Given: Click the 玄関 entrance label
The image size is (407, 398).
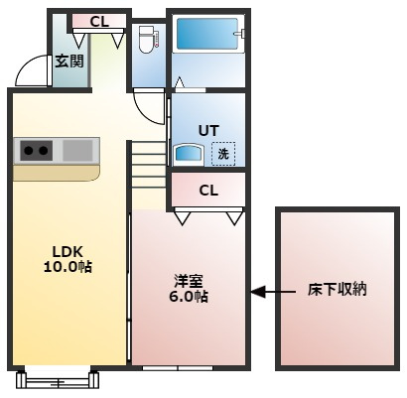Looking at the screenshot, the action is point(69,62).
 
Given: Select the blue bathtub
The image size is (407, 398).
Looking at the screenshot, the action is point(207,34).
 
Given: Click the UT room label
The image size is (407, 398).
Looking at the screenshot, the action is point(208,131).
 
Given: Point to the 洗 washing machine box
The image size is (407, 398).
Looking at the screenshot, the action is point(223,154).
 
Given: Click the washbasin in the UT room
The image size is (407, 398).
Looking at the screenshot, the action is point(188,155).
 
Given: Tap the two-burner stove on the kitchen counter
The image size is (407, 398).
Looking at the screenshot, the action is point(37,151).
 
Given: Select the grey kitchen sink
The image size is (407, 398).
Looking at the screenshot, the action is point(77,151).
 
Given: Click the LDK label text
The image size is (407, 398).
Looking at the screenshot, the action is point(68,252).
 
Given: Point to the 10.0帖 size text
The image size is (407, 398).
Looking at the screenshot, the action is point(68,267).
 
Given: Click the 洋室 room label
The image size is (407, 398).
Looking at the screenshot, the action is point(189,281).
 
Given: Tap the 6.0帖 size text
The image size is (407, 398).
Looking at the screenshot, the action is point(189,297).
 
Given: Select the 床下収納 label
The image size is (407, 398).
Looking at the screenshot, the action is point(338,290).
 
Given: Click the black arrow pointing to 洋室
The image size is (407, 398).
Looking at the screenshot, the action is point(273,292).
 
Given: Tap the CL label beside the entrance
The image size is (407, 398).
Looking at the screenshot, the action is point(99,22).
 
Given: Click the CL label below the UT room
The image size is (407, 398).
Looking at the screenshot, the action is point(208,191).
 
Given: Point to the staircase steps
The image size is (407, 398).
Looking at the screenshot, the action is point(148,165).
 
